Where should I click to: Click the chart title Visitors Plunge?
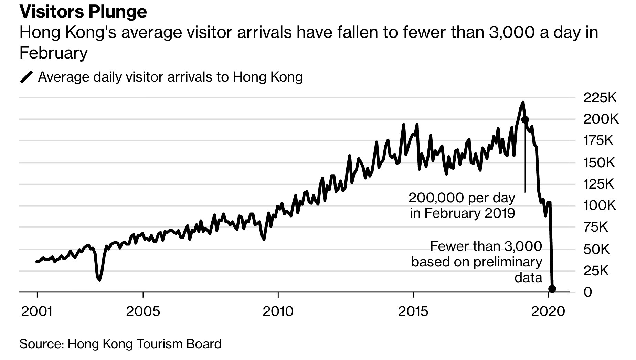click(x=83, y=12)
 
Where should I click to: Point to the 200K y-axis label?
click(x=601, y=119)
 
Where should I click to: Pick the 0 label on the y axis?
click(x=588, y=292)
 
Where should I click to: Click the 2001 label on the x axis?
click(x=37, y=311)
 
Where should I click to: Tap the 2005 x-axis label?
click(x=143, y=311)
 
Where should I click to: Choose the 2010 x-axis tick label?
click(x=278, y=311)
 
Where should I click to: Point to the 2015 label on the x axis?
click(x=413, y=311)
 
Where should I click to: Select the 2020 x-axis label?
click(x=548, y=311)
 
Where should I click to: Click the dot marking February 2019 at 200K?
click(x=525, y=120)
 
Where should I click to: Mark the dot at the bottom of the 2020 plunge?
click(x=552, y=289)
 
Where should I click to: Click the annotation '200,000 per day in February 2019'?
click(x=462, y=206)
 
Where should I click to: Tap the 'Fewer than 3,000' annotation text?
click(x=486, y=246)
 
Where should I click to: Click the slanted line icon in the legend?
click(x=26, y=77)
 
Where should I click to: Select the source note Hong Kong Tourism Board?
click(x=120, y=344)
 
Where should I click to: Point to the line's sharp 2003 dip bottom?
click(x=99, y=280)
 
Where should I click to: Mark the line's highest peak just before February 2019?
click(x=523, y=102)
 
